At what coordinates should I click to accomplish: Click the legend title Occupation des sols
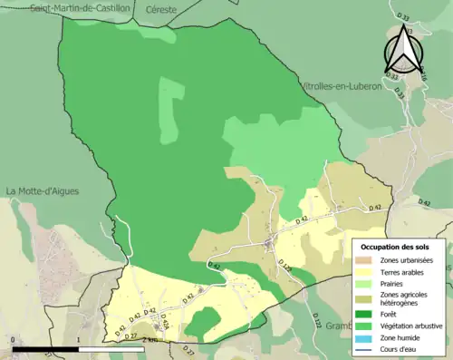pyautogui.click(x=396, y=247)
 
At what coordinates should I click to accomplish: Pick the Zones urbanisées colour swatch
pyautogui.click(x=366, y=261)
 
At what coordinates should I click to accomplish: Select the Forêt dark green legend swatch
pyautogui.click(x=366, y=314)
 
